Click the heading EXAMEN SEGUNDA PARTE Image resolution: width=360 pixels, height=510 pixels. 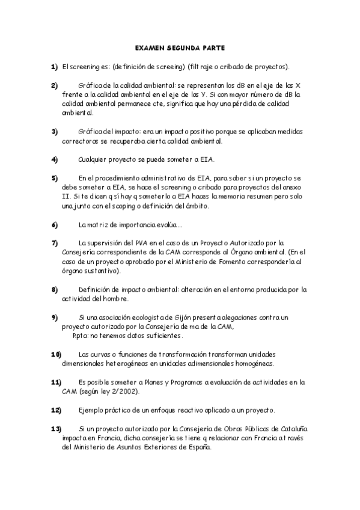point(180,47)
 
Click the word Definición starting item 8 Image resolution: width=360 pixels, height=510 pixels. point(95,289)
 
